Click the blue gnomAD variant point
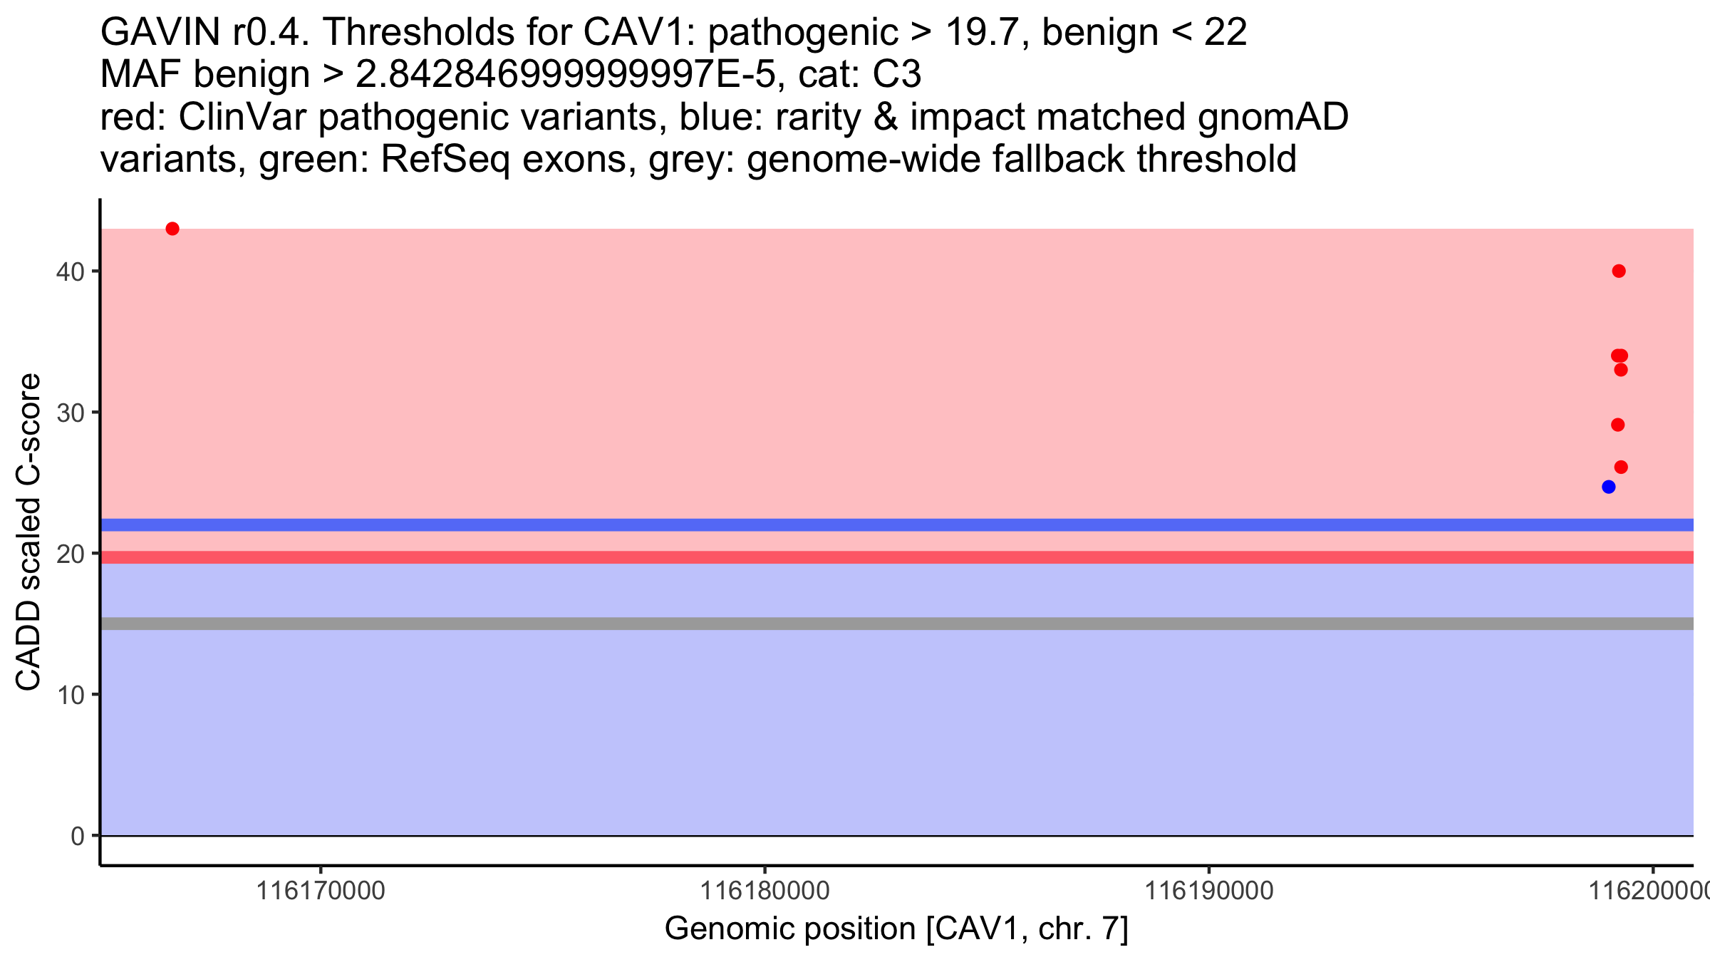pos(1608,487)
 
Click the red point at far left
pos(172,229)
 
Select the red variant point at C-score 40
pos(1619,271)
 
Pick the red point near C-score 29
pos(1618,425)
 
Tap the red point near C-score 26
pos(1621,467)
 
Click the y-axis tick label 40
pos(70,271)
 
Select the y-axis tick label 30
pos(70,413)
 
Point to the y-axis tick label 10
pos(70,695)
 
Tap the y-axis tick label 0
pos(77,836)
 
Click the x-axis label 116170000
pos(321,891)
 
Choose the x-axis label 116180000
pos(765,891)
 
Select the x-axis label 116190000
pos(1208,891)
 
